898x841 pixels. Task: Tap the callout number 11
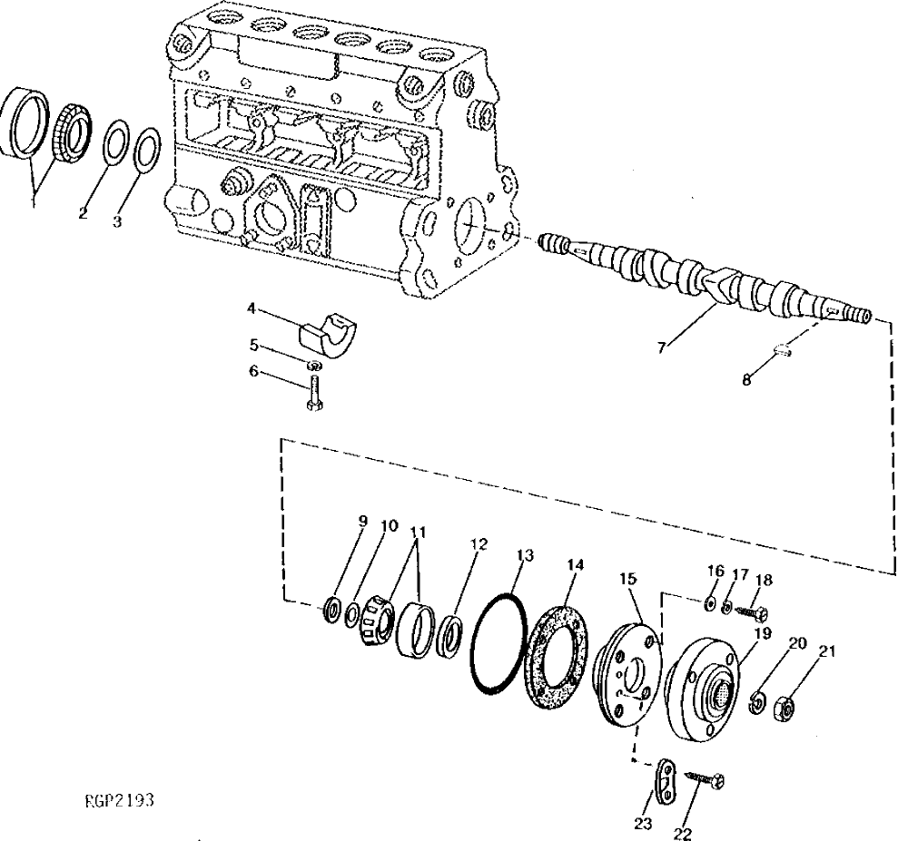coord(418,533)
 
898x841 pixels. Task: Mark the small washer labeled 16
coord(708,601)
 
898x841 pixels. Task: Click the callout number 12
coord(479,544)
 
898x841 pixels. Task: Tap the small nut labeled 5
coord(313,366)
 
